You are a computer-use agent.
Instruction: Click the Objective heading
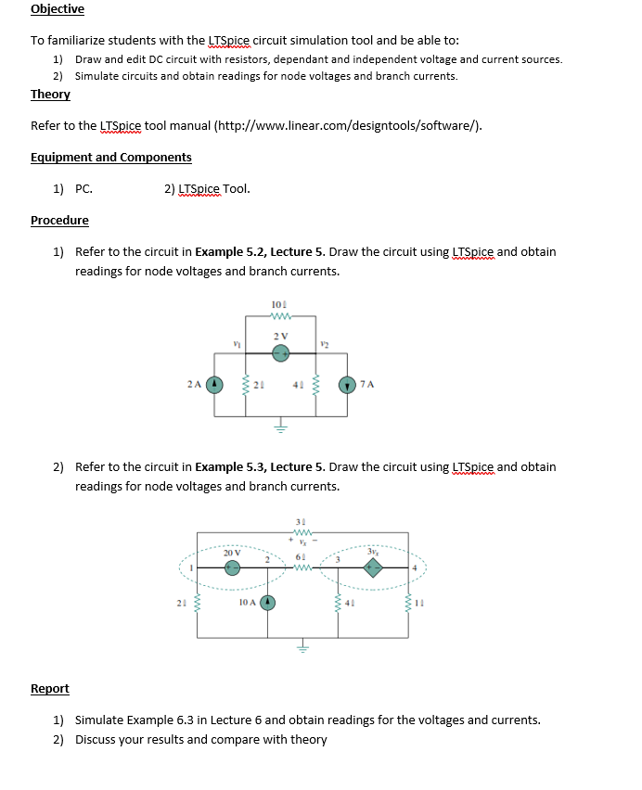point(58,9)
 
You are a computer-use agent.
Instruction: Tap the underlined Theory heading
point(50,95)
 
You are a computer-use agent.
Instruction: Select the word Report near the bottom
point(50,688)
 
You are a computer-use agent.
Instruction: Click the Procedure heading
point(59,221)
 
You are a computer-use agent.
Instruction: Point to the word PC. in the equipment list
point(83,188)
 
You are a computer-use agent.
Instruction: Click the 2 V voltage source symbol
point(281,351)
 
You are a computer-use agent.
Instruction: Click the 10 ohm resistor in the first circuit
point(281,315)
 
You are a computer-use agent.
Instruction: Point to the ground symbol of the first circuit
point(281,427)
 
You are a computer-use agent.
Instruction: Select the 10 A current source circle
point(268,603)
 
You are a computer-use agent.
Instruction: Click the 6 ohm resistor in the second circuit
point(300,567)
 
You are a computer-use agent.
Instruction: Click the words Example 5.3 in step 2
point(229,467)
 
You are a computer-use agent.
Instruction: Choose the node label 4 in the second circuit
point(416,567)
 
